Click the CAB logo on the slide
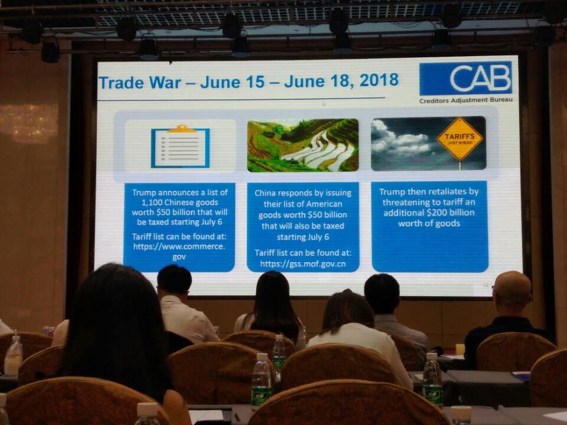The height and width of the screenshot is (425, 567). pos(465,79)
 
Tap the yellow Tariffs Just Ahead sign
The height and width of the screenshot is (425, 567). pos(460,139)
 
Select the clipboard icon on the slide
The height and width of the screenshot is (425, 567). pos(180,147)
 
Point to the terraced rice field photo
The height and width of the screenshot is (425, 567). pos(303,145)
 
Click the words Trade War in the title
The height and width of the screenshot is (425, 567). pos(139,83)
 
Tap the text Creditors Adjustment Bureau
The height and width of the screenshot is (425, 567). pos(466,100)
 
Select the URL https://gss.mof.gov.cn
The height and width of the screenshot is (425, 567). pos(302,264)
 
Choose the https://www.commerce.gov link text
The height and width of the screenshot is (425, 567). pos(179,251)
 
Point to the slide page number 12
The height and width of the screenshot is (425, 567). pos(485,285)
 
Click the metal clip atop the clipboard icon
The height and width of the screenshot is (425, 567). pos(181,128)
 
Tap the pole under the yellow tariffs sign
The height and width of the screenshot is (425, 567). pos(460,165)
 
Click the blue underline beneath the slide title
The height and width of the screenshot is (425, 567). pos(241,99)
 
